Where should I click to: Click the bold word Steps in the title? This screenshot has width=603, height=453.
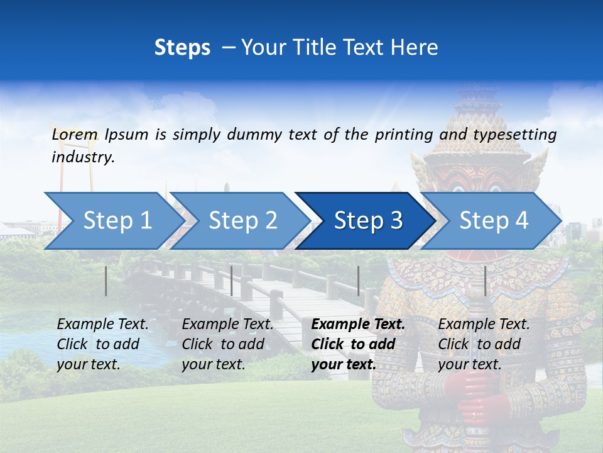tap(182, 48)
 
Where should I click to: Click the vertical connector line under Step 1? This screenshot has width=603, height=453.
tap(106, 281)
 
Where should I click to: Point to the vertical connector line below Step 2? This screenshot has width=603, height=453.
tap(232, 281)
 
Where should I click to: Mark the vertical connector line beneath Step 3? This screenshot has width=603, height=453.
tap(358, 281)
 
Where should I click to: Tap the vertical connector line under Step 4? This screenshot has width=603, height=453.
tap(485, 281)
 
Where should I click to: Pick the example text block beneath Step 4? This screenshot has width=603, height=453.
tap(484, 344)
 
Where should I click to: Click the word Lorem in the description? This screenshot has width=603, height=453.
tap(75, 134)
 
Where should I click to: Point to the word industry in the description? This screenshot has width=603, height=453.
tap(83, 157)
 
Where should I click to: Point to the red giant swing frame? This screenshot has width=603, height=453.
tap(60, 201)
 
